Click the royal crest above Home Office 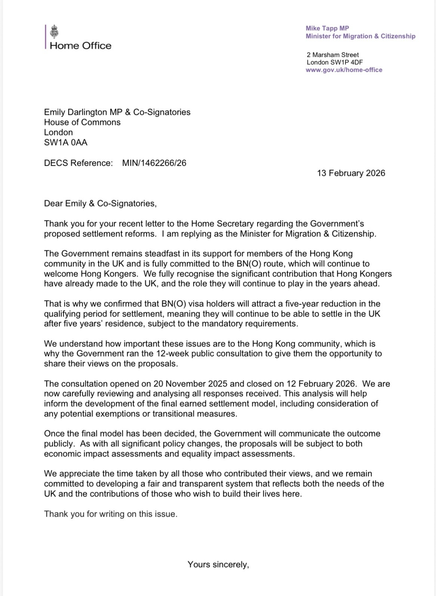click(x=55, y=31)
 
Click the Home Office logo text click(x=80, y=46)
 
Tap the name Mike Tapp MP click(x=327, y=28)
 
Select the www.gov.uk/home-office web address click(x=344, y=70)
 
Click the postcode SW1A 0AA click(x=66, y=142)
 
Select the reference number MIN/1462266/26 click(x=154, y=163)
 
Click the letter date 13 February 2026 click(x=351, y=173)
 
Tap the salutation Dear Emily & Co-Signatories click(x=100, y=203)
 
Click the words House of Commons click(x=82, y=122)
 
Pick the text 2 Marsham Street click(x=333, y=55)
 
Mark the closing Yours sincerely click(x=218, y=564)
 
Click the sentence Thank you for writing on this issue click(x=111, y=514)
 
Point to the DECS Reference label click(x=78, y=163)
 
